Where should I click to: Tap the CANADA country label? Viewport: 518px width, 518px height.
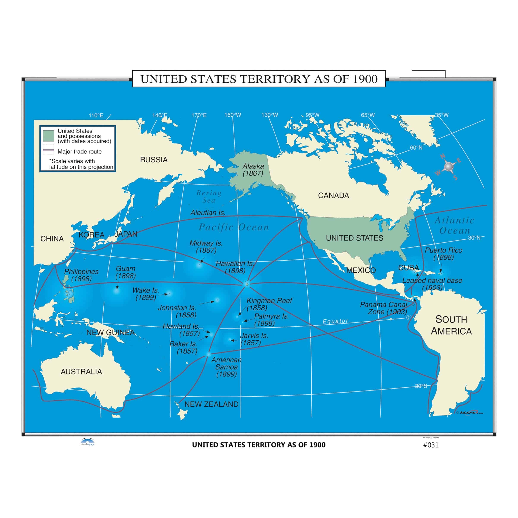pos(333,196)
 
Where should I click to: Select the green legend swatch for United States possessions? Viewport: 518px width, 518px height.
pos(48,136)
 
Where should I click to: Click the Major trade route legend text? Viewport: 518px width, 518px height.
pos(79,152)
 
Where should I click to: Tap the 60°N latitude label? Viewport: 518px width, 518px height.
pos(416,147)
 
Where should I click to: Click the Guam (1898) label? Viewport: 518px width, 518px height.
pos(125,272)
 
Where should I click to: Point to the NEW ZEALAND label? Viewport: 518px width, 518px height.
pos(211,404)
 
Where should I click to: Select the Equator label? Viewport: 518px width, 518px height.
pos(335,321)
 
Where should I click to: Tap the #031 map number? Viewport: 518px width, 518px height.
pos(431,445)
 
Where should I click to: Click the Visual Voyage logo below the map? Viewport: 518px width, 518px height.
pos(87,442)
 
